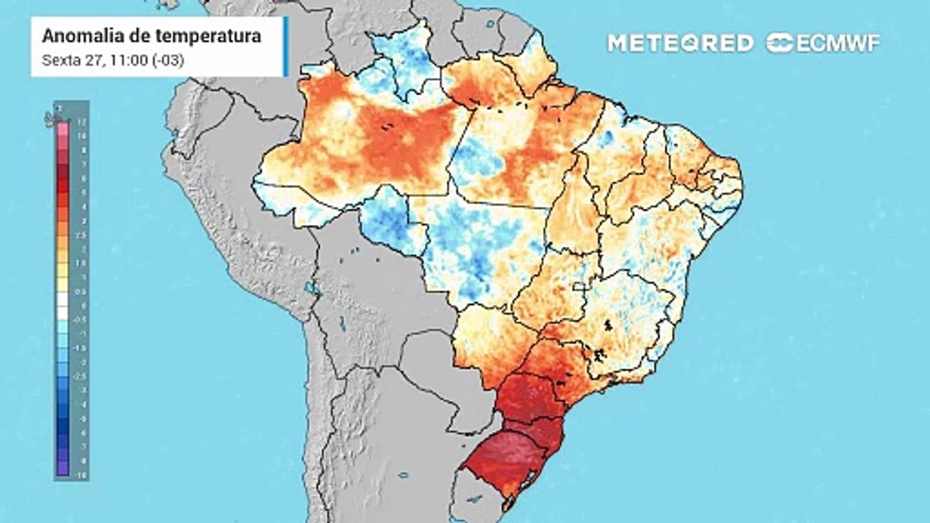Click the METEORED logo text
pos(680,43)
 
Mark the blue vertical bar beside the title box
pos(286,46)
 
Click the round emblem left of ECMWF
pos(780,43)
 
